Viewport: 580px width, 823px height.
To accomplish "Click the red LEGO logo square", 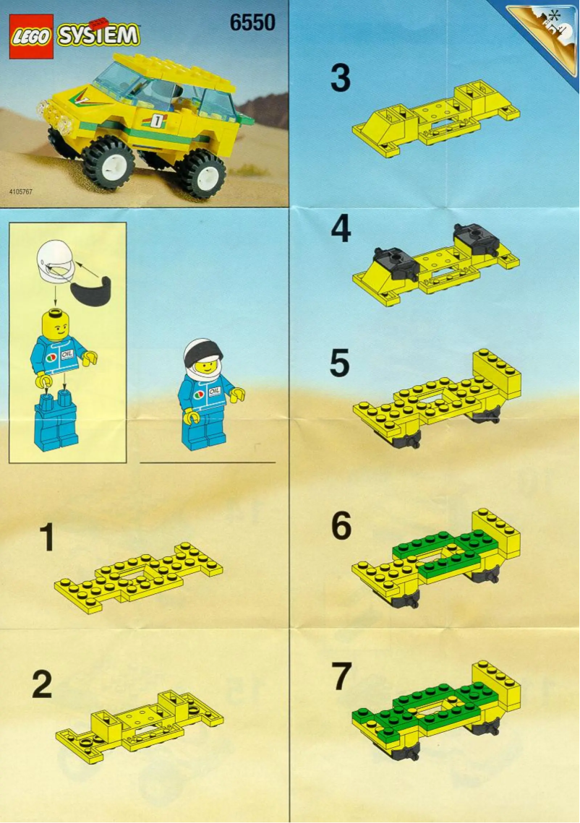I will click(31, 36).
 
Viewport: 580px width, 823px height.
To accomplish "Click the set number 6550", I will click(252, 23).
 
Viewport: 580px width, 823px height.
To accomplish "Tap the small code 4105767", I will click(21, 192).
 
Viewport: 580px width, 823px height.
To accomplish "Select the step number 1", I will click(46, 538).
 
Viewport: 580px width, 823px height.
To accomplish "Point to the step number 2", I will click(42, 685).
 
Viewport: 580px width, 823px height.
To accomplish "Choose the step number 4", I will click(341, 229).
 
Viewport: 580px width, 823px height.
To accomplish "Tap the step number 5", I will click(340, 365).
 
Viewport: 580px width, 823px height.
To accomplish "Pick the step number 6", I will click(341, 527).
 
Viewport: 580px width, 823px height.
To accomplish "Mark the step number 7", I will click(341, 677).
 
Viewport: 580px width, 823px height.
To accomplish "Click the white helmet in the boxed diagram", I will click(55, 261).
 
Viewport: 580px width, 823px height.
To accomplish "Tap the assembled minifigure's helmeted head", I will click(203, 358).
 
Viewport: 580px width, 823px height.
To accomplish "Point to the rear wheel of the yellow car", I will click(199, 173).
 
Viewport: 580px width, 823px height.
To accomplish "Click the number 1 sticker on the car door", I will click(156, 120).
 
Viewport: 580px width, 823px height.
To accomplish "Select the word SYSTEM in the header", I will click(98, 35).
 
